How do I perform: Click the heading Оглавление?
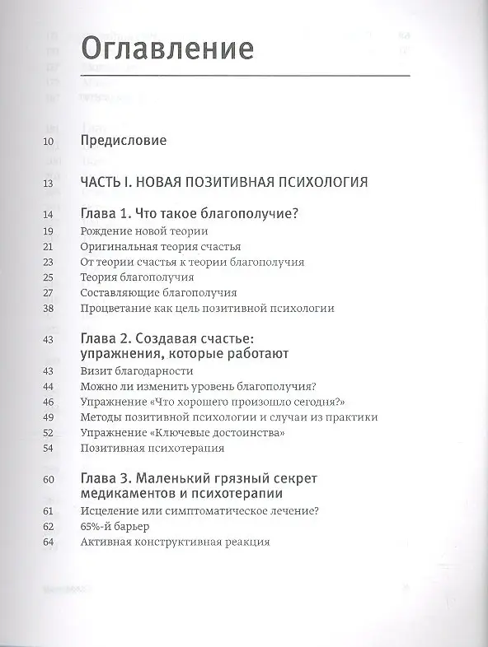(x=166, y=49)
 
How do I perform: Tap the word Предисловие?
(x=124, y=140)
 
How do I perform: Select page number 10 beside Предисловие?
(x=47, y=141)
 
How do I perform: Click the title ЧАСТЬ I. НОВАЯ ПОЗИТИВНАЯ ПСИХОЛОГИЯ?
(x=224, y=181)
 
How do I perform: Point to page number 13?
(x=47, y=182)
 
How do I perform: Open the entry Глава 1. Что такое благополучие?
(x=190, y=214)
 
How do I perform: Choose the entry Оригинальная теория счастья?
(x=161, y=247)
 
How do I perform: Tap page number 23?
(x=47, y=263)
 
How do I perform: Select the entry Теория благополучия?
(x=137, y=277)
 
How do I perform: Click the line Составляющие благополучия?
(x=159, y=293)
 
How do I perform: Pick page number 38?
(x=47, y=309)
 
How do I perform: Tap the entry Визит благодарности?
(x=132, y=371)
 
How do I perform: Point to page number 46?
(x=47, y=402)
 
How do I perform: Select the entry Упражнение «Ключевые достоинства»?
(x=183, y=433)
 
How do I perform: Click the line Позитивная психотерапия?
(x=153, y=449)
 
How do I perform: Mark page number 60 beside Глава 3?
(x=47, y=479)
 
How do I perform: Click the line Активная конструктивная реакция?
(x=176, y=542)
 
